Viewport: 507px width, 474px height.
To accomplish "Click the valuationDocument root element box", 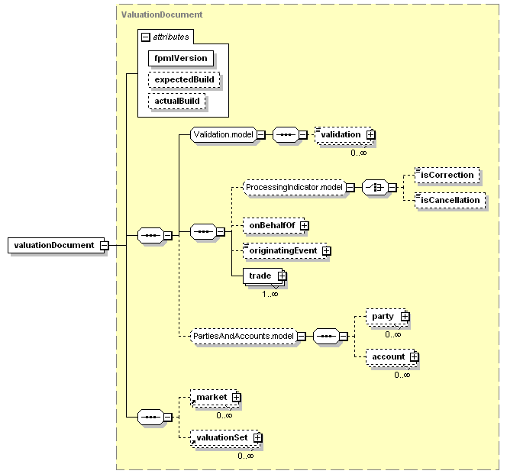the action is tap(56, 245).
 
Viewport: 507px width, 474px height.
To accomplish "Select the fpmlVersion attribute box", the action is tap(181, 58).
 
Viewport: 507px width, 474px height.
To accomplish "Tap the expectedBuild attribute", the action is tap(184, 79).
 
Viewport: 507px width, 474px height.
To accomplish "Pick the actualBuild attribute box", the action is tap(177, 101).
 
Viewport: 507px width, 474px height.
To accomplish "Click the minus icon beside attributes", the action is tap(146, 37).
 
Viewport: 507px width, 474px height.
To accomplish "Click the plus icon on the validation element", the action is tap(371, 134).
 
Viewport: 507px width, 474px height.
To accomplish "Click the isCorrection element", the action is tap(447, 176).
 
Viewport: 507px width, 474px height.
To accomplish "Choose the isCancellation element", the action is tap(450, 201).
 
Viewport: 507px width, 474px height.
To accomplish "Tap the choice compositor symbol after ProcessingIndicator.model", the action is tap(375, 187).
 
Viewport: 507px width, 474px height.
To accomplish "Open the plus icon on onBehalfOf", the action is tap(304, 225).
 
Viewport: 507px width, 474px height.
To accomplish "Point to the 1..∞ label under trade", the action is tap(270, 294).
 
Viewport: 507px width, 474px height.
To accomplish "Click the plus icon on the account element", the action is tap(414, 356).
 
